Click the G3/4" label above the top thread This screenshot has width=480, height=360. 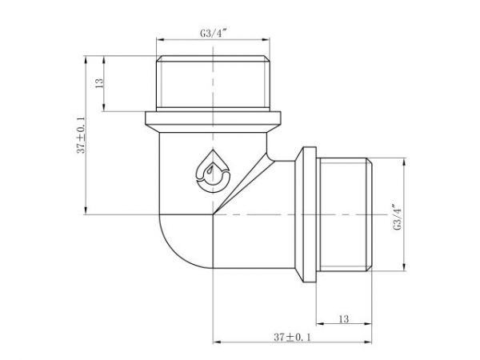click(x=212, y=33)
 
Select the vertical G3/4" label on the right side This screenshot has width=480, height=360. click(x=398, y=216)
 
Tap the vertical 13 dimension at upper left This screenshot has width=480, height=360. click(x=101, y=84)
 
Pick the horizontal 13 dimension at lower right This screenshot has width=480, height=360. click(x=344, y=319)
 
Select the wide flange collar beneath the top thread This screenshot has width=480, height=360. click(x=212, y=121)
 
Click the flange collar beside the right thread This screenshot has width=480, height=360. click(x=308, y=216)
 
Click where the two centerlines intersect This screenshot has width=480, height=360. click(x=212, y=216)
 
